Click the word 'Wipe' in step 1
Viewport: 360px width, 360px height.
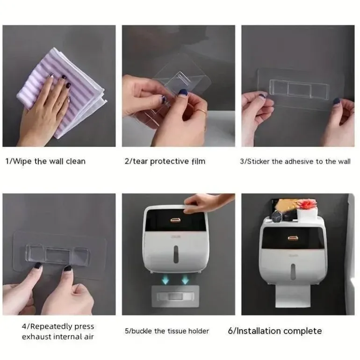pyautogui.click(x=22, y=161)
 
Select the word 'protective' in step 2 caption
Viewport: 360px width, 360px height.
pyautogui.click(x=169, y=161)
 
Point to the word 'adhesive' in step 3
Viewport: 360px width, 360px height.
pyautogui.click(x=299, y=162)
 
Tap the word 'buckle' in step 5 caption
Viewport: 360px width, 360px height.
pyautogui.click(x=142, y=331)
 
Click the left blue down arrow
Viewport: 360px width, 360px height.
pyautogui.click(x=165, y=280)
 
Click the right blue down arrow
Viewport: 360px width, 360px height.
pyautogui.click(x=185, y=280)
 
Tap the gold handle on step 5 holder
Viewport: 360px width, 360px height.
pyautogui.click(x=176, y=221)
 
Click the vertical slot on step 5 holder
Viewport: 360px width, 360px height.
pyautogui.click(x=176, y=254)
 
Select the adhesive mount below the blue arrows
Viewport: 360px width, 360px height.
pyautogui.click(x=175, y=296)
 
